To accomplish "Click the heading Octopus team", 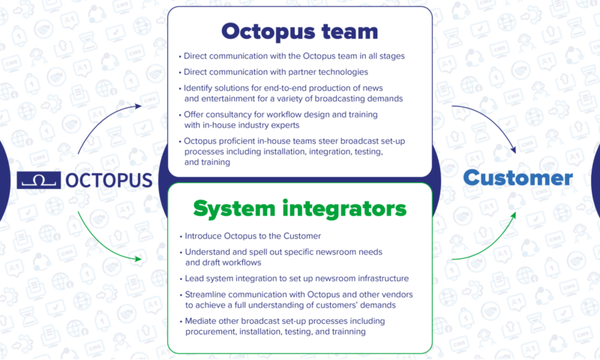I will pos(298,32).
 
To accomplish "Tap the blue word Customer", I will pos(517,178).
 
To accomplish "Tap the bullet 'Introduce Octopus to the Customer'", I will pos(253,236).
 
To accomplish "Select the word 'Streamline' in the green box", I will pos(207,295).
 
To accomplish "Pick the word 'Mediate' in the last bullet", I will pos(201,321).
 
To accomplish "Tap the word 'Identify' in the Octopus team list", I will pos(199,88).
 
